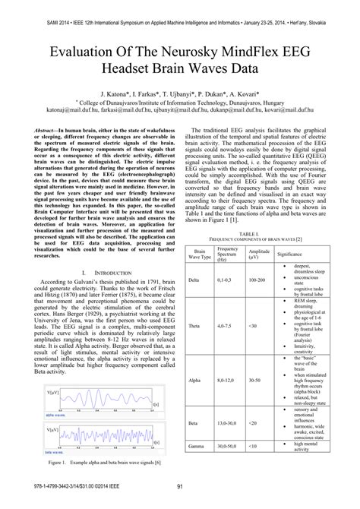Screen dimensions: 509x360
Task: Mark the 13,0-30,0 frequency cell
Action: tap(226, 422)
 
